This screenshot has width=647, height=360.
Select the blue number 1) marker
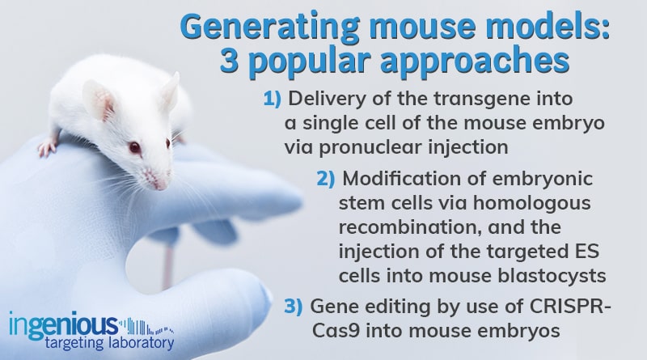point(271,100)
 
